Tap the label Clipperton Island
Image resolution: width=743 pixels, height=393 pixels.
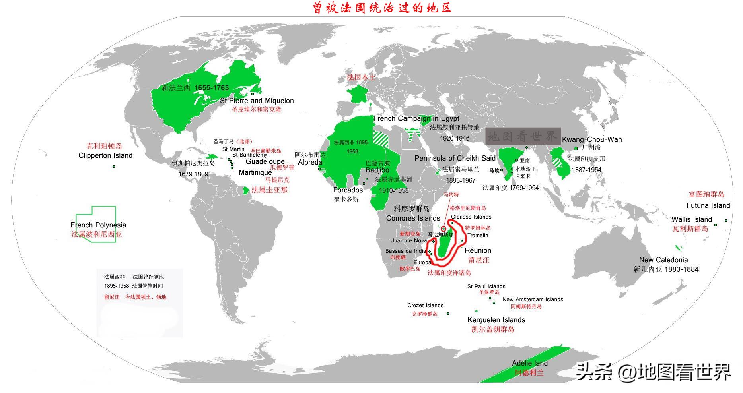105,155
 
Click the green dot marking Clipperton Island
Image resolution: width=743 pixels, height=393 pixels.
114,166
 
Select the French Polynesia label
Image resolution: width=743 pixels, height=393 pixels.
98,225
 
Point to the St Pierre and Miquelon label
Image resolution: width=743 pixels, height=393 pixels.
257,101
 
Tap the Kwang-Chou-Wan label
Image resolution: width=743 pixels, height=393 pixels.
591,139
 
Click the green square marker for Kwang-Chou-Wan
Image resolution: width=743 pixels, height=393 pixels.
576,148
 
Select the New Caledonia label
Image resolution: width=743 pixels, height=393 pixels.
663,260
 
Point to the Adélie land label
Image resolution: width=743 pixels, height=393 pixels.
530,363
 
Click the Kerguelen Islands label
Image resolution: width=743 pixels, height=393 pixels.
496,320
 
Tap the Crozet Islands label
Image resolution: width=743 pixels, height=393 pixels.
425,305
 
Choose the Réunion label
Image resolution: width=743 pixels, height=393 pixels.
478,250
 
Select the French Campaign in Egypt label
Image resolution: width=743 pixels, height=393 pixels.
416,118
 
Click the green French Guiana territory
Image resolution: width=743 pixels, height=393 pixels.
246,190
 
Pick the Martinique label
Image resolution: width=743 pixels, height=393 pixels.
255,172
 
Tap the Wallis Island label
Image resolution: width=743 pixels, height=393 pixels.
692,219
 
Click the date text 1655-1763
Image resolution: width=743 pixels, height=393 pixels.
212,88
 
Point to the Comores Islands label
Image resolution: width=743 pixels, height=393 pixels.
413,218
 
